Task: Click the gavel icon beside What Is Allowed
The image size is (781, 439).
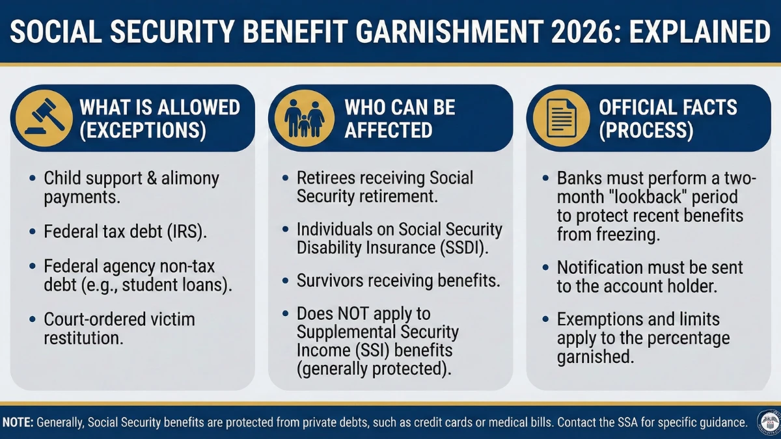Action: pyautogui.click(x=43, y=118)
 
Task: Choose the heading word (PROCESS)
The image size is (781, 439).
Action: pyautogui.click(x=647, y=130)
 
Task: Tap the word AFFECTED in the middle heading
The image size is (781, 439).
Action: pyautogui.click(x=389, y=130)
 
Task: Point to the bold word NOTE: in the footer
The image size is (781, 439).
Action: pyautogui.click(x=18, y=423)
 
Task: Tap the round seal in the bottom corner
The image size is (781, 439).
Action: pyautogui.click(x=769, y=421)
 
